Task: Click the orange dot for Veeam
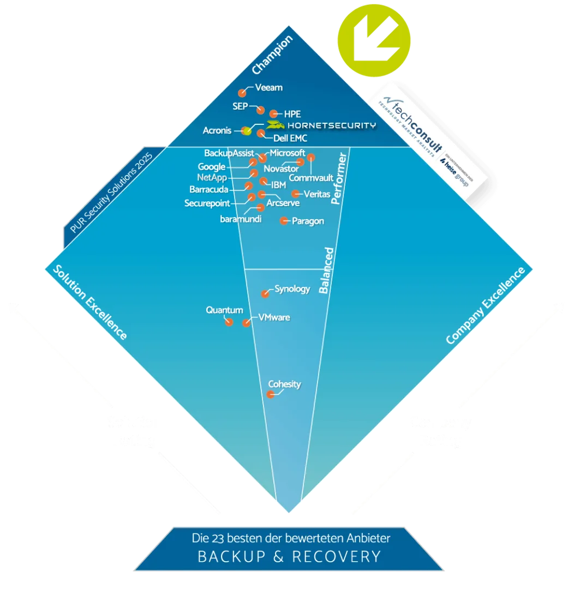242,93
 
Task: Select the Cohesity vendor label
284,384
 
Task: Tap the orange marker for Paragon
284,221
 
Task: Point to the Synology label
292,289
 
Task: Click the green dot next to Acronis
247,130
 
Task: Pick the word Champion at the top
272,55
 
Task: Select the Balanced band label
326,271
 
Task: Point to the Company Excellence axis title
485,306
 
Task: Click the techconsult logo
431,139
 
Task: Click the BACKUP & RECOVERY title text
289,556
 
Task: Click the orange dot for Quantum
229,322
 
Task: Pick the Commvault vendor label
310,178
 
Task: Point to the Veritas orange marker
295,194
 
